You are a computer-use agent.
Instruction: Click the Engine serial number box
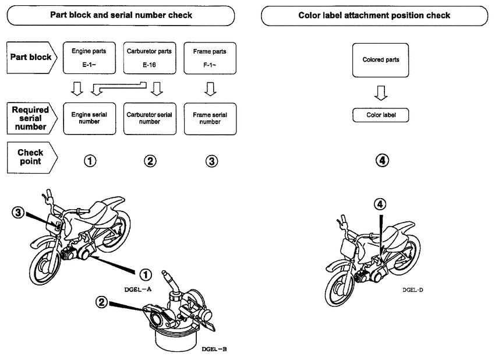click(x=90, y=119)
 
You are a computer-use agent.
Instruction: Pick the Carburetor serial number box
click(x=150, y=119)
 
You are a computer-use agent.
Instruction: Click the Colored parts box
click(x=381, y=60)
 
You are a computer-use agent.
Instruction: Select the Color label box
click(x=381, y=115)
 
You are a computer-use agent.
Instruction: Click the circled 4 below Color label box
click(x=381, y=159)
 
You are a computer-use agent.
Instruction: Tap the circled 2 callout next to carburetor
click(x=102, y=302)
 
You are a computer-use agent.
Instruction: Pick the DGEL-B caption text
click(x=214, y=349)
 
